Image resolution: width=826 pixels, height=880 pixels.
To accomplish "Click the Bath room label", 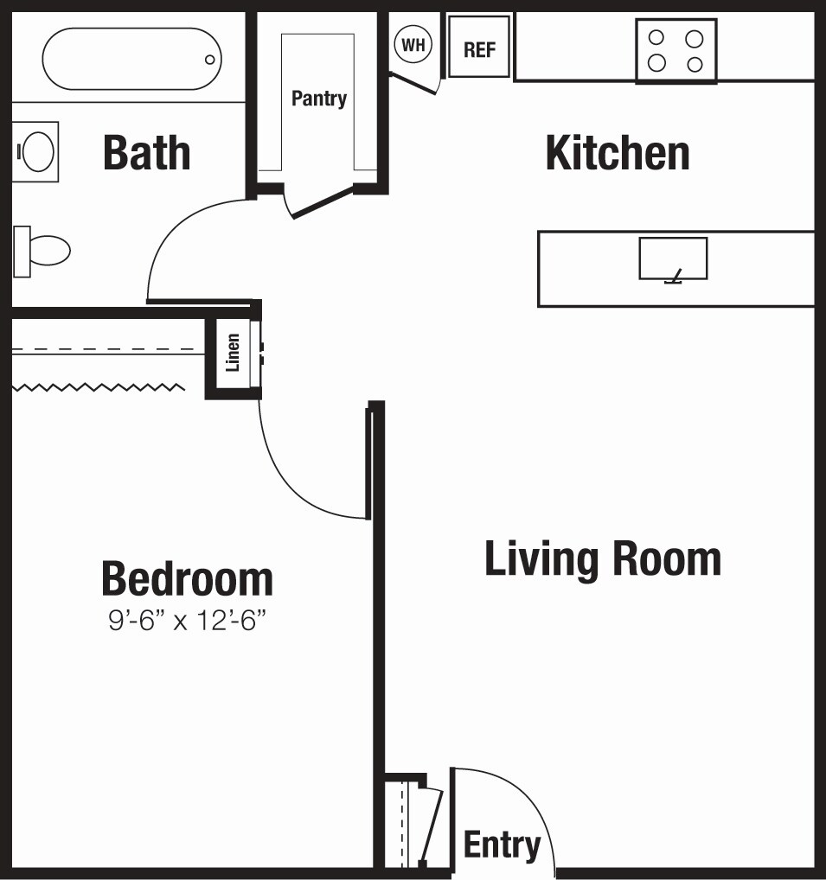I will tap(146, 152).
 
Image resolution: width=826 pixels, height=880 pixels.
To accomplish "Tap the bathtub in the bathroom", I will tap(131, 59).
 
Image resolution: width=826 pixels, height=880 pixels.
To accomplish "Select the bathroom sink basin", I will tap(37, 152).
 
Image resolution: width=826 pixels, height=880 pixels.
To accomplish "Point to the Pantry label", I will tap(318, 98).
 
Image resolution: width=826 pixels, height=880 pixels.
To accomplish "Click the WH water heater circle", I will tap(413, 45).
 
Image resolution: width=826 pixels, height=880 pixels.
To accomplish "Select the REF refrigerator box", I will tap(479, 49).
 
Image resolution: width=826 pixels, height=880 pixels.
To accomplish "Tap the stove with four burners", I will tap(676, 51).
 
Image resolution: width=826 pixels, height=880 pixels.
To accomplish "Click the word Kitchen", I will tap(617, 153).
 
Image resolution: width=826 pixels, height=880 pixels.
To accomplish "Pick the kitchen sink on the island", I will tap(673, 258).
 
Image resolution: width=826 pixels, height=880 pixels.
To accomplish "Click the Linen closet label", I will tap(232, 353).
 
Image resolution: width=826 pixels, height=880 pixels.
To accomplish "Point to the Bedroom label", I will tap(187, 578).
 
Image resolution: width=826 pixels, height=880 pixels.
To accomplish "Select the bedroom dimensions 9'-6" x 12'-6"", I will tap(186, 620).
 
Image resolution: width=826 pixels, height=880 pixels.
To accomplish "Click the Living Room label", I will tap(602, 558).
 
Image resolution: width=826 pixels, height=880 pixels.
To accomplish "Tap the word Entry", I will tap(502, 845).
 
